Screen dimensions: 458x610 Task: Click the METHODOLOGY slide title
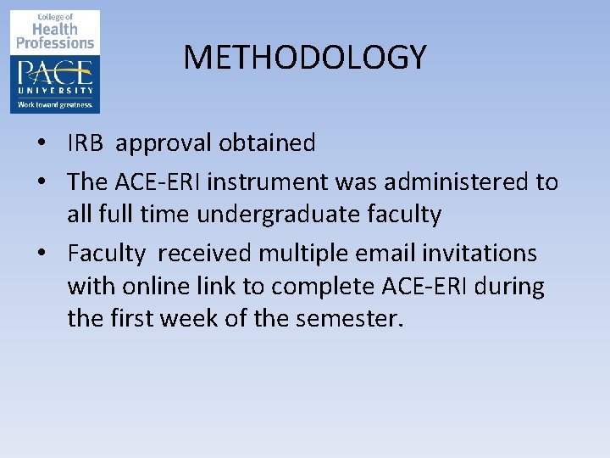[x=305, y=58]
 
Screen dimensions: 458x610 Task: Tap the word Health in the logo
[x=56, y=30]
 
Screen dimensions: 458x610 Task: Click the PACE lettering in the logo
[x=55, y=70]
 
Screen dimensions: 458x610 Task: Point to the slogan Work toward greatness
[x=55, y=105]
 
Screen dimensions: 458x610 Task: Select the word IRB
[x=85, y=143]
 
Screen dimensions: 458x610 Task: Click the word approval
[x=164, y=143]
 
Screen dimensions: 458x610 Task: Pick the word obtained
[x=267, y=143]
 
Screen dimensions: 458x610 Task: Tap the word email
[x=378, y=253]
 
